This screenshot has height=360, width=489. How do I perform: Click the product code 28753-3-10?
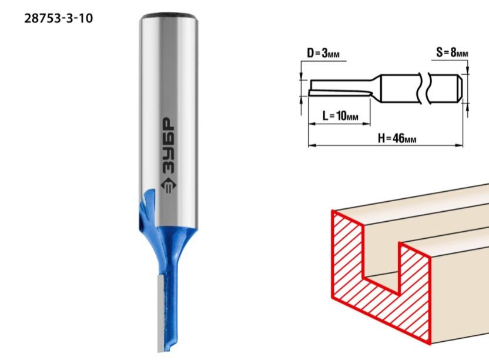point(59,18)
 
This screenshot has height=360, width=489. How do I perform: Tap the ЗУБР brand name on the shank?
point(169,145)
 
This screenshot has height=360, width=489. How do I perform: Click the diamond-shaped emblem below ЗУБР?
point(169,185)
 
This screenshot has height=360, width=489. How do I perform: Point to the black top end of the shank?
point(169,15)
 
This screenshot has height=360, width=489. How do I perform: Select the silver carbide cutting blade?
point(161,314)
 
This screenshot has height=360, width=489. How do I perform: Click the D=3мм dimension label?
point(323,53)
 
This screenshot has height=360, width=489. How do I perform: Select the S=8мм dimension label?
point(452,52)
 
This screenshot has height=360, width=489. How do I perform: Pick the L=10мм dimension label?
point(340,116)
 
